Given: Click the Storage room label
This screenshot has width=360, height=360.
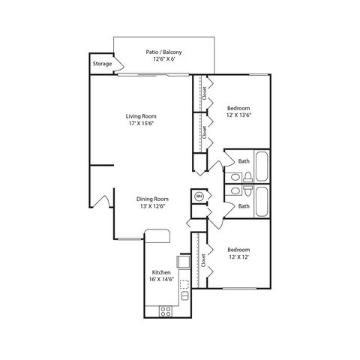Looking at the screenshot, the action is tap(102, 64).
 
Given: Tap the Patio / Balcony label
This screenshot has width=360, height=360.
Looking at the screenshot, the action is tap(163, 52).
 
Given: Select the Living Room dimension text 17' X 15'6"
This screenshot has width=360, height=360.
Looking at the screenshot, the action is tap(141, 123).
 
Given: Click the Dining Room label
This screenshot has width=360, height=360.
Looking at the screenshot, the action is tap(152, 199).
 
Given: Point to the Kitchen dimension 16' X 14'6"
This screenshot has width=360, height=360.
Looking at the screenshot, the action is tap(161, 279).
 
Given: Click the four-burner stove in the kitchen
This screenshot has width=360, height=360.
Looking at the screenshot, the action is tap(166, 311).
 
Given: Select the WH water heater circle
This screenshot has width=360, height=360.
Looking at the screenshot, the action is tap(199, 196).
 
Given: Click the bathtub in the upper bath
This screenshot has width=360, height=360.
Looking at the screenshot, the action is tap(262, 166).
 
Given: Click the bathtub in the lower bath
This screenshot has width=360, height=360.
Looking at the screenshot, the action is tap(262, 202).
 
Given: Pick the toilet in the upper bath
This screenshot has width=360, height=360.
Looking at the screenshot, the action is tap(248, 177).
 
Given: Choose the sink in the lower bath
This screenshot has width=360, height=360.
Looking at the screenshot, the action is tap(235, 191).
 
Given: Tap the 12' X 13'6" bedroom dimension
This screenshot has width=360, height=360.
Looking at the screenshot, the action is tap(238, 115).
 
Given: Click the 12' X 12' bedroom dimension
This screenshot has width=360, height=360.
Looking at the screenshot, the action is tap(238, 256).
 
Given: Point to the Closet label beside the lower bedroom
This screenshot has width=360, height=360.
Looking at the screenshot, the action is tap(203, 260).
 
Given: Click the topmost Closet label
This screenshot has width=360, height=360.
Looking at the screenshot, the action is tap(204, 93).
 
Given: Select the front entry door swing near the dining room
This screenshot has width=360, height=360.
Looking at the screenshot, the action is tap(102, 199).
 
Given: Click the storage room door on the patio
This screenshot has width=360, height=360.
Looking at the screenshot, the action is tap(119, 64).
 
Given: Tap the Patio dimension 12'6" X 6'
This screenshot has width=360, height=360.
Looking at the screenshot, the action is tap(163, 59).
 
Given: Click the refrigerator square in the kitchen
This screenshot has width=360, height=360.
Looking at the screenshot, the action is tap(184, 262).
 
